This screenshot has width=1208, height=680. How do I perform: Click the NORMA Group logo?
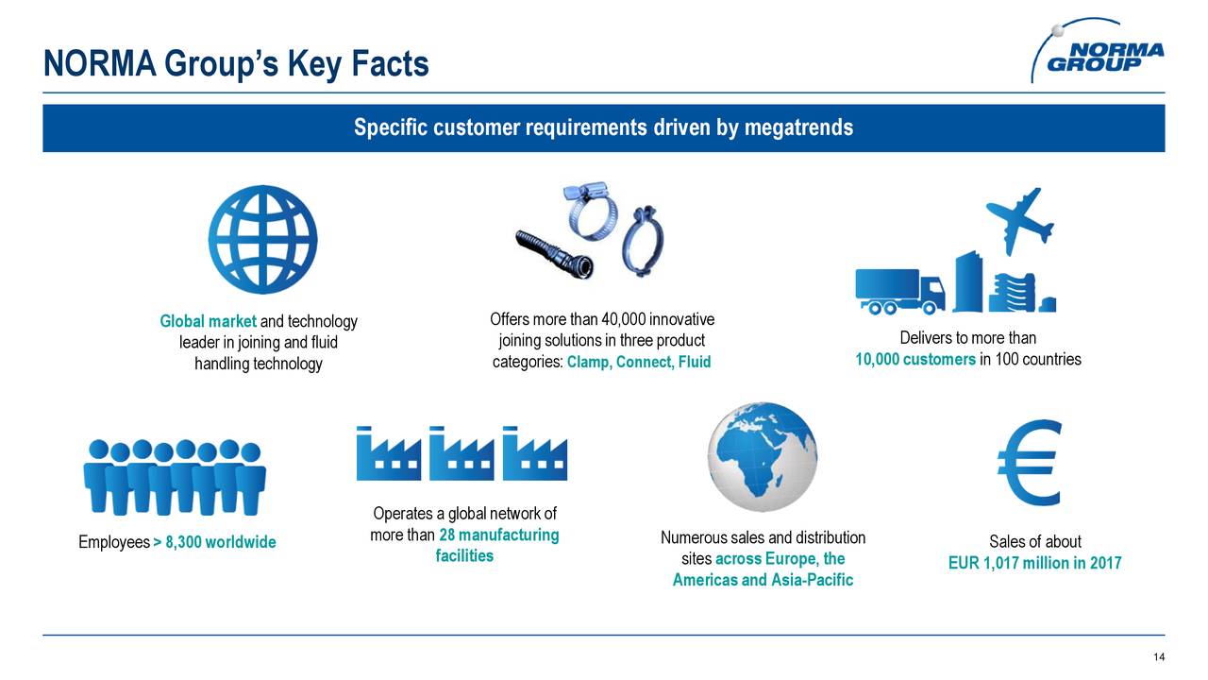1099,53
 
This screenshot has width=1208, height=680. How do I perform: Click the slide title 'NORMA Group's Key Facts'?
236,64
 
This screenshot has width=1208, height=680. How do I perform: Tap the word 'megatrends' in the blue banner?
798,127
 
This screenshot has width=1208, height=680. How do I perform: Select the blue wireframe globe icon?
262,239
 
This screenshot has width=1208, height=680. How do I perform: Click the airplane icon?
1018,218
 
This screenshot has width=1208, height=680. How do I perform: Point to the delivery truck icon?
898,290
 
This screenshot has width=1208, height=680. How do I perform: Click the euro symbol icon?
1029,463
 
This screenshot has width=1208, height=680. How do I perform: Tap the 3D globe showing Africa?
762,458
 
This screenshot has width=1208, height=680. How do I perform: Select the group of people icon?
175,477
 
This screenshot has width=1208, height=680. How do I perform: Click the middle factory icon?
461,454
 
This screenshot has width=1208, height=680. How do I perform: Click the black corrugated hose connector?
552,252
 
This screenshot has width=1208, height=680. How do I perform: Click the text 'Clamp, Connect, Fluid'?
638,363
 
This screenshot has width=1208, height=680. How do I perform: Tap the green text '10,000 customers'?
914,360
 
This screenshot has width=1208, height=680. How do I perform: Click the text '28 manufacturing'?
498,535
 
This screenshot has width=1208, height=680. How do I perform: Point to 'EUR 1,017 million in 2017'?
1034,564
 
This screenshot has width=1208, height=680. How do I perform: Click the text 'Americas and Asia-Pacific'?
762,580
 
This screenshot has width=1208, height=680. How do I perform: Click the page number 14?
1159,658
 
